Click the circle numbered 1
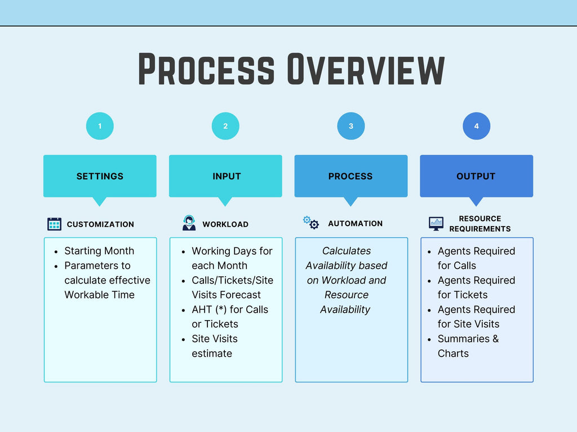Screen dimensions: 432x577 tap(100, 126)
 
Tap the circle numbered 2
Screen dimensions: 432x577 tap(225, 126)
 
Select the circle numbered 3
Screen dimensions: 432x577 tap(351, 126)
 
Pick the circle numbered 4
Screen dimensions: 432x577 tap(477, 126)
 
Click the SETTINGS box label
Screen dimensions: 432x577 tap(100, 176)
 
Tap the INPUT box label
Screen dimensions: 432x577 tap(227, 176)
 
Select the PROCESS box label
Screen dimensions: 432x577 tap(350, 176)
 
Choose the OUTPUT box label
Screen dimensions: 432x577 tap(476, 176)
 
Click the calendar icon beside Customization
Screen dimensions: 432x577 tap(54, 224)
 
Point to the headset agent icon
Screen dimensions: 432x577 tap(189, 223)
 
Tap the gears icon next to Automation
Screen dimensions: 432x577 tap(311, 223)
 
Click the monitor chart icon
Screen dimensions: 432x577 tap(436, 223)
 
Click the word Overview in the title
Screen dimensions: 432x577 tap(366, 70)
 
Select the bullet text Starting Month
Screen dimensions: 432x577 tap(99, 251)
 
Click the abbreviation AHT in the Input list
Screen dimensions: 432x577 tap(202, 309)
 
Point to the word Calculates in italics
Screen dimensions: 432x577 tap(347, 251)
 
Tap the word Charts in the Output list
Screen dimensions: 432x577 tap(453, 353)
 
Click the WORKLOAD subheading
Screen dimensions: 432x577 tap(225, 224)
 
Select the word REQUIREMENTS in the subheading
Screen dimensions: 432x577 tap(480, 229)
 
